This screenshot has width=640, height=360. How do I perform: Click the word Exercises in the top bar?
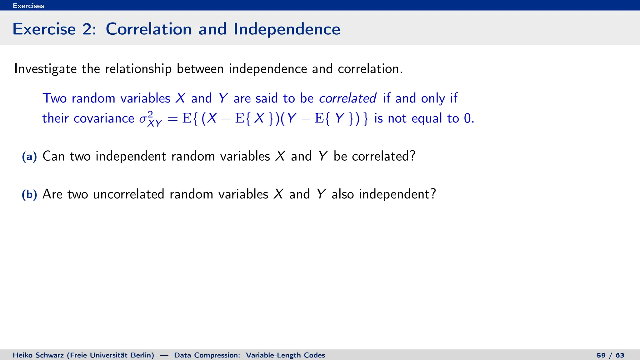pos(28,6)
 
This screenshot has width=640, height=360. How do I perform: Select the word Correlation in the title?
pos(148,29)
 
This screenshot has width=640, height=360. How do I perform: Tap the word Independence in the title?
pos(287,29)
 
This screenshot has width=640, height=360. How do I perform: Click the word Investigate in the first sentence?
pos(45,69)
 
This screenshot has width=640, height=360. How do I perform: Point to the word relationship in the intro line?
pos(138,69)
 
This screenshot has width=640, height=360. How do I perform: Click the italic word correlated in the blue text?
pos(347,98)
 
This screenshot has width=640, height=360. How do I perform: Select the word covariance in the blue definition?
pos(104,118)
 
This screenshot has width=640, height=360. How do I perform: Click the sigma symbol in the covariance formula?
pos(143,119)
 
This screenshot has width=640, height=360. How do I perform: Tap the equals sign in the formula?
pos(172,119)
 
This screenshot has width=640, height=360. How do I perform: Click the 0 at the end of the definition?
pos(467,118)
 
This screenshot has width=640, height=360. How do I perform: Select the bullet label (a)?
pos(29,156)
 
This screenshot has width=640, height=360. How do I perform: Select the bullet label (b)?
pos(29,194)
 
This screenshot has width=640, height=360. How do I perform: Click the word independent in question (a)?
pos(131,156)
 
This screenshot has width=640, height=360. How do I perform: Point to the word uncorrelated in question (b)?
pos(129,194)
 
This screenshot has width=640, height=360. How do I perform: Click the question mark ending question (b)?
pos(433,194)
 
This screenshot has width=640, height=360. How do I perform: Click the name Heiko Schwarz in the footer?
pos(38,355)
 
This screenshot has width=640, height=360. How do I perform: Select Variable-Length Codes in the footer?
pos(285,355)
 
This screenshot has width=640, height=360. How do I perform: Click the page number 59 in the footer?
pos(601,355)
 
